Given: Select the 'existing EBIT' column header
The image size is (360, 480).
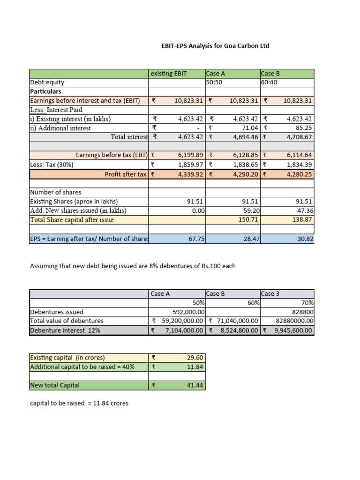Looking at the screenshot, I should (x=167, y=74).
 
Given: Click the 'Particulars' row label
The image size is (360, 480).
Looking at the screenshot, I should (x=45, y=91).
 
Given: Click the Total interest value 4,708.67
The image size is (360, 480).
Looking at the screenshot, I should (x=298, y=137).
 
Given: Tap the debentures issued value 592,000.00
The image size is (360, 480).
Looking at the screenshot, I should (x=187, y=312).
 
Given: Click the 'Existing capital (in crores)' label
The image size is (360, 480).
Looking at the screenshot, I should (x=67, y=358).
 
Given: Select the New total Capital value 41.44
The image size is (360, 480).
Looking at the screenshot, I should (x=195, y=385).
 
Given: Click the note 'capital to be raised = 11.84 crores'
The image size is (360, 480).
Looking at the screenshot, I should (x=79, y=403).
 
